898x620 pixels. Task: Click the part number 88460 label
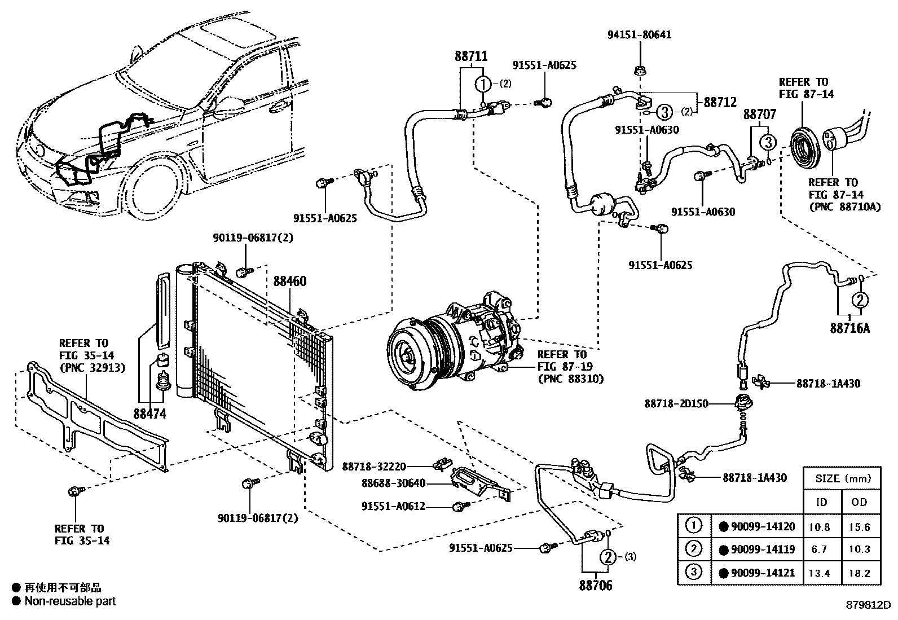tap(290, 282)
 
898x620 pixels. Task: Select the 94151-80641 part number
tap(639, 35)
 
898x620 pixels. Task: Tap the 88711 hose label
tap(470, 56)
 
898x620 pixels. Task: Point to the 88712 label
tap(720, 103)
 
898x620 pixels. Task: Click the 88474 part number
tap(150, 414)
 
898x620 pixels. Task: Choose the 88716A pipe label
tap(849, 328)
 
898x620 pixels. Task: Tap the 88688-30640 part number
tap(393, 483)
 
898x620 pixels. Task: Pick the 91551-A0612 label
tap(393, 507)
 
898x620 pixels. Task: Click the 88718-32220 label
tap(374, 467)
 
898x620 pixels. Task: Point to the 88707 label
tap(759, 115)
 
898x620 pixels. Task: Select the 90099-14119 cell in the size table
tap(763, 549)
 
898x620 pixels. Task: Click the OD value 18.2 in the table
tap(860, 573)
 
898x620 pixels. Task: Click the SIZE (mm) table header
tap(843, 479)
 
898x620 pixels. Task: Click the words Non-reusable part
tap(70, 601)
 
